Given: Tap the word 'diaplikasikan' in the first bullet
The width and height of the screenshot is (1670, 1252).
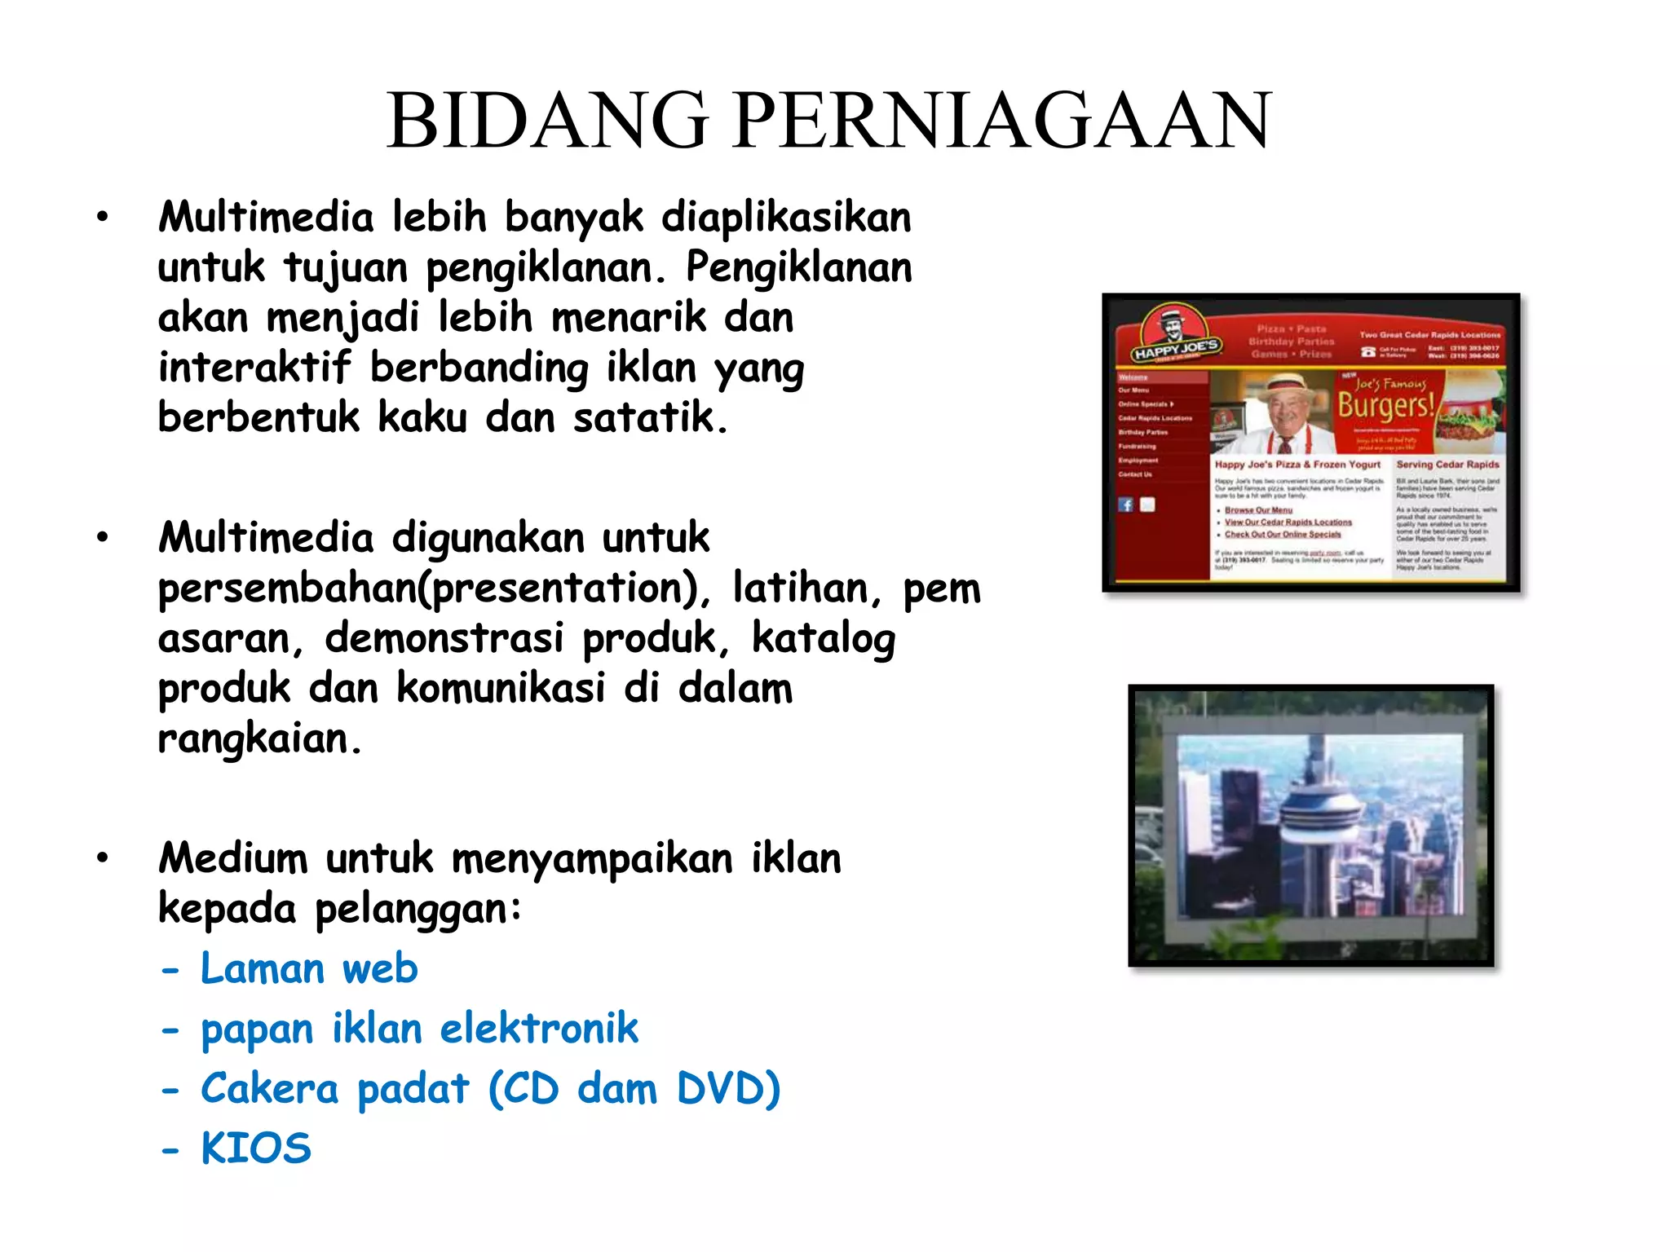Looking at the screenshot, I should click(786, 218).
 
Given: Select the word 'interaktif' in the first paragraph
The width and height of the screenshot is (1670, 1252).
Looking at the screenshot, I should click(254, 368).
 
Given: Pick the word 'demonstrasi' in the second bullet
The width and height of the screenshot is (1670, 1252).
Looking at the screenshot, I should click(444, 638).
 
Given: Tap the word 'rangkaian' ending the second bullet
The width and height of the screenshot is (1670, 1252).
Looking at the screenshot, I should click(254, 739).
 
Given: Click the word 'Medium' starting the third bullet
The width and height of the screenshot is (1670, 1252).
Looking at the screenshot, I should click(233, 859).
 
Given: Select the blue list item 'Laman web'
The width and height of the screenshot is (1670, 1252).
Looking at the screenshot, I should click(309, 969).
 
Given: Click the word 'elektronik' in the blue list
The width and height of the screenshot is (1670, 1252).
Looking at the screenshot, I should click(539, 1029).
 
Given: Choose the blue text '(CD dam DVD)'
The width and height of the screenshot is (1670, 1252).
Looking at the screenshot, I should click(634, 1089).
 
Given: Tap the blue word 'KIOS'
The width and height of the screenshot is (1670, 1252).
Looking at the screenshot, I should click(256, 1148).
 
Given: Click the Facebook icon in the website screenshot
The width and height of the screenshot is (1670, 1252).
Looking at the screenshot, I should click(1126, 505).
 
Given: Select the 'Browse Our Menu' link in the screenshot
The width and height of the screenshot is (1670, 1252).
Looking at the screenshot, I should click(1258, 510).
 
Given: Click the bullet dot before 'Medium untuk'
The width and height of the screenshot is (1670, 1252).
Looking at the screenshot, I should click(102, 857).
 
